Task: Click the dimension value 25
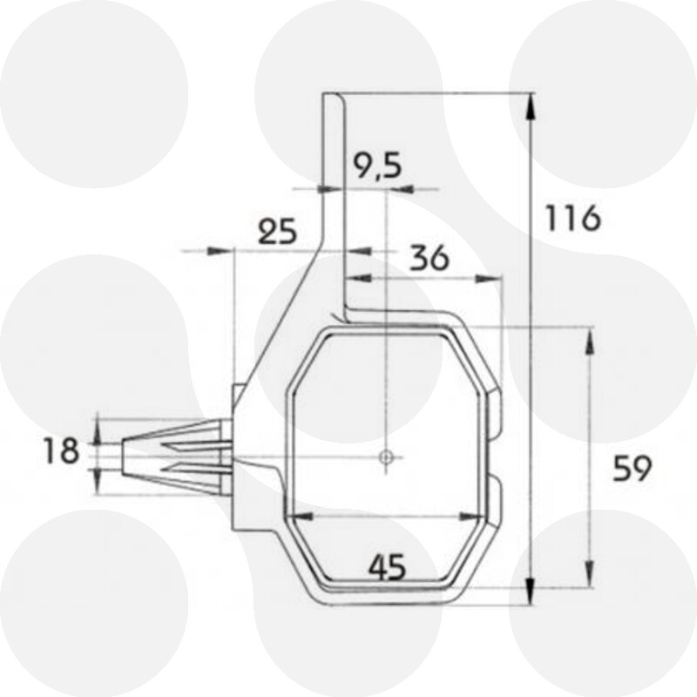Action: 278,232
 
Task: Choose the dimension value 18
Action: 61,451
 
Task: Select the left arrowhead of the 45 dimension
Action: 297,517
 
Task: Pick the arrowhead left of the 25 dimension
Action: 213,251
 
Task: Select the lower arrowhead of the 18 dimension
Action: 98,476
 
